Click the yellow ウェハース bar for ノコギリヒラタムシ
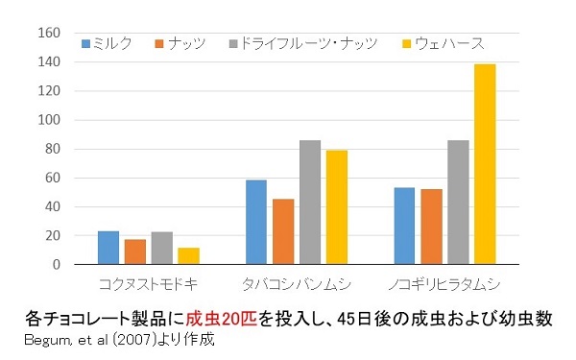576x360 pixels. tap(485, 164)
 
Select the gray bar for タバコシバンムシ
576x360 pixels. tap(309, 203)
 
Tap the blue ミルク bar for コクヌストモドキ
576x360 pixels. tap(108, 248)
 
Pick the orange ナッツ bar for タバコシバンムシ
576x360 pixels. tap(283, 231)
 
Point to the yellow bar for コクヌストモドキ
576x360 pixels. tap(188, 256)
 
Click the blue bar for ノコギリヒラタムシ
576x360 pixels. tap(404, 226)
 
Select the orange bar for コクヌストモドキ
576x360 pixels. tap(135, 252)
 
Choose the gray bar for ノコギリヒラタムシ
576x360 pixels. tap(457, 203)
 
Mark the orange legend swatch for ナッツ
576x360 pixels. tap(160, 43)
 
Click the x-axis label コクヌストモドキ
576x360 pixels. tap(149, 285)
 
